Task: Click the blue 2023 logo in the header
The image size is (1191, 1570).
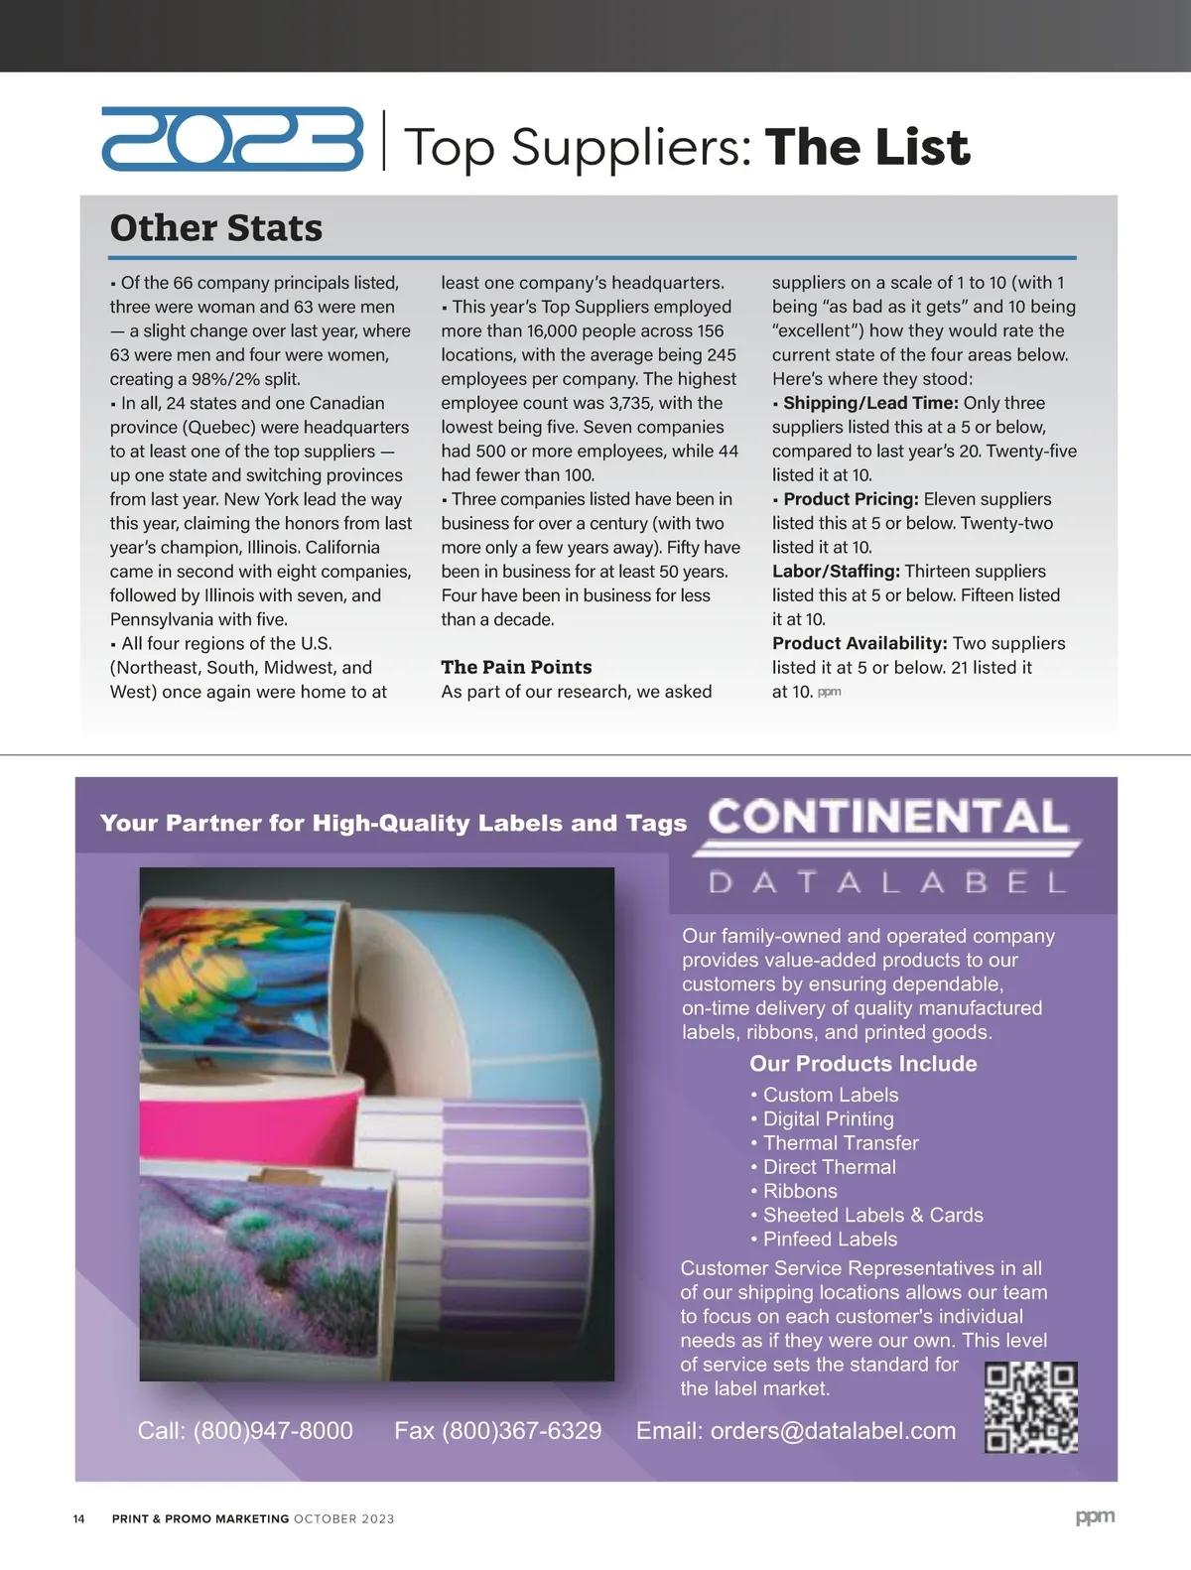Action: coord(232,140)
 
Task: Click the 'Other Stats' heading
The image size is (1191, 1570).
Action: coord(216,227)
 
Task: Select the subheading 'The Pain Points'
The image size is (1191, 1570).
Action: coord(516,667)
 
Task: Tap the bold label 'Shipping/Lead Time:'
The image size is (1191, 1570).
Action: coord(870,403)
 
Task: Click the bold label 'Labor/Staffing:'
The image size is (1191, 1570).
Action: coord(836,572)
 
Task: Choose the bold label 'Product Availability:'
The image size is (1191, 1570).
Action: coord(860,643)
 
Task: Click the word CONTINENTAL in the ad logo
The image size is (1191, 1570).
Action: coord(888,818)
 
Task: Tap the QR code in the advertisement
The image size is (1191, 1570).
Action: coord(1030,1407)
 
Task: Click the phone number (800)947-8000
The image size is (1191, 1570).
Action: coord(273,1430)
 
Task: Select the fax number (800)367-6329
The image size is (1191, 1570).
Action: coord(521,1430)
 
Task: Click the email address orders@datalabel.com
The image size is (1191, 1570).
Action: coord(833,1430)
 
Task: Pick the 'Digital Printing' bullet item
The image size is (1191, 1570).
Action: coord(828,1118)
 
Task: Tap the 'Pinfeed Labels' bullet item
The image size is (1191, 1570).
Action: coord(830,1239)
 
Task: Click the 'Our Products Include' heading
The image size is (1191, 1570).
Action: coord(862,1064)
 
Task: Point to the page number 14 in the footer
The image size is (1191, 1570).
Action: coord(79,1518)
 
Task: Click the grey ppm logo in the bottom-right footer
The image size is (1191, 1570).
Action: coord(1095,1516)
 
